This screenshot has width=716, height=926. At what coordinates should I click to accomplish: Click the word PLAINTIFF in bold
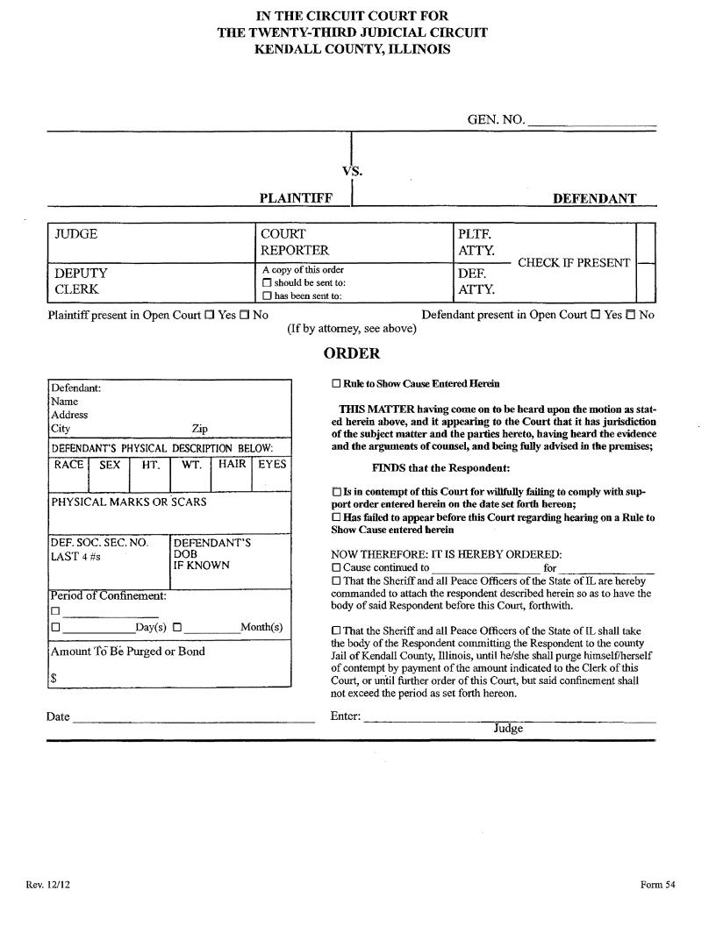click(x=296, y=199)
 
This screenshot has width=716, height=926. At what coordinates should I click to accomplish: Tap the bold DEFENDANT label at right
click(x=594, y=199)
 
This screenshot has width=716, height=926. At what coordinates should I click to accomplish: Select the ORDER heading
click(x=352, y=353)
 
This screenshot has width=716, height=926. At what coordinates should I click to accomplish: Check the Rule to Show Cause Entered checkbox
click(x=336, y=384)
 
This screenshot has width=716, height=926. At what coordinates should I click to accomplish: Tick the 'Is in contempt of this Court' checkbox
click(x=336, y=493)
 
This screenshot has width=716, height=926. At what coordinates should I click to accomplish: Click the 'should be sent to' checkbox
click(x=267, y=283)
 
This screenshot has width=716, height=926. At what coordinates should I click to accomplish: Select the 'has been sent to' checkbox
click(x=267, y=296)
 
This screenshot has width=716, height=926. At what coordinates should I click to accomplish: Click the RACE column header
click(x=68, y=465)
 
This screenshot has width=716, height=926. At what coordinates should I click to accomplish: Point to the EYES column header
click(x=272, y=465)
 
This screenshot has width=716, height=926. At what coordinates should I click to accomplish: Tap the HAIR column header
click(x=233, y=465)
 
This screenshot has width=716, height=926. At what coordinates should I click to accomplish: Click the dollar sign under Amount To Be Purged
click(x=54, y=677)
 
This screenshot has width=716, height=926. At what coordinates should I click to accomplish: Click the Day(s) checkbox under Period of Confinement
click(x=55, y=628)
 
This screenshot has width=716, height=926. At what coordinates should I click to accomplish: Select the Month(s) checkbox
click(x=177, y=628)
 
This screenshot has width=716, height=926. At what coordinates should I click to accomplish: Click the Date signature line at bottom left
click(x=193, y=719)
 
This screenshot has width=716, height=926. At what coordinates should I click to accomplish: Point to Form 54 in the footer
click(x=658, y=885)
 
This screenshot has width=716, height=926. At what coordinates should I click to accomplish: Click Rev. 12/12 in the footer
click(x=48, y=885)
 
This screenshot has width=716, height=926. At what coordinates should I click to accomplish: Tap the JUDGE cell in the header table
click(x=76, y=235)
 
